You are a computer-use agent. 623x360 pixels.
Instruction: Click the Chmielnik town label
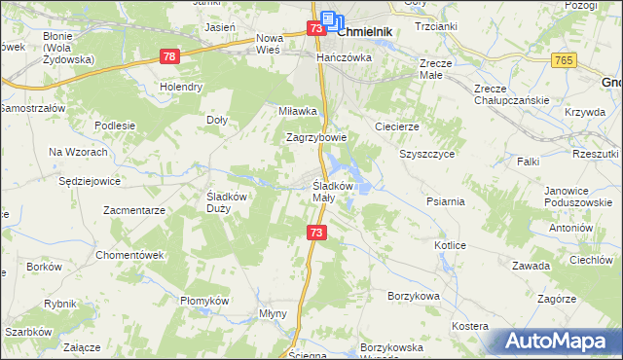coord(366,31)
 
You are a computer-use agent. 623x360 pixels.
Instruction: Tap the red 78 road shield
coord(170,57)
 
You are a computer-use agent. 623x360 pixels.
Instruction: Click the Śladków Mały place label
coord(337,192)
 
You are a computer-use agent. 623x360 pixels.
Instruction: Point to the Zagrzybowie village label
coord(316,137)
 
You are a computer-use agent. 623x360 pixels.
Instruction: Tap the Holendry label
coord(182,87)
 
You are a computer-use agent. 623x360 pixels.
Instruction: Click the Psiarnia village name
coord(445,201)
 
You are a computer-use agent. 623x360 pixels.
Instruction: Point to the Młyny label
coord(272,314)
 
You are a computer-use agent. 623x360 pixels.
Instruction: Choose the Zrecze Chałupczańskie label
coord(511,93)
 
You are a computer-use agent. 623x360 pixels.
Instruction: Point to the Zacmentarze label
coord(135,209)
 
